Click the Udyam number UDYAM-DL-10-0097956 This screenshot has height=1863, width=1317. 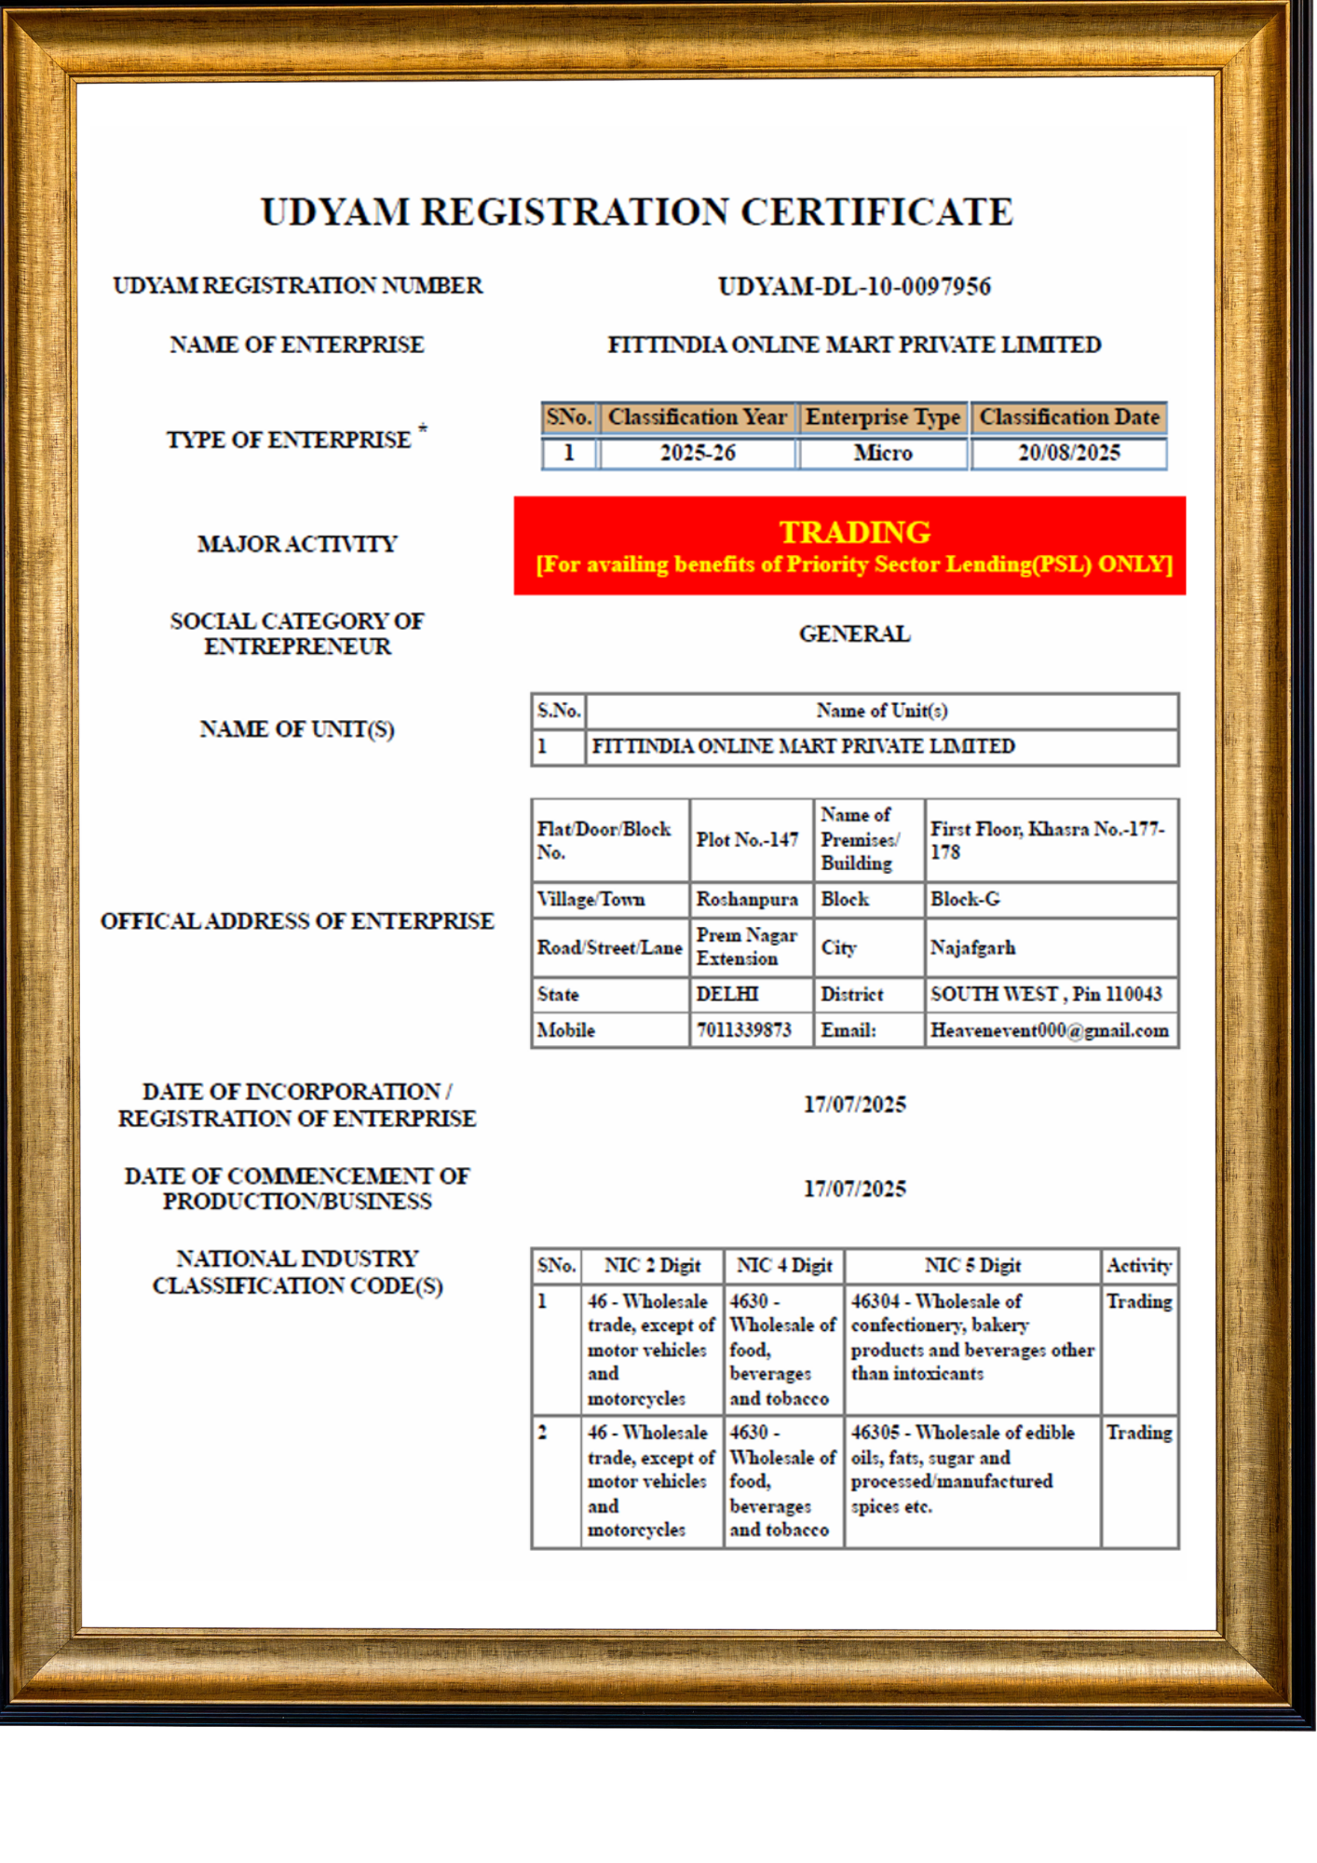coord(854,286)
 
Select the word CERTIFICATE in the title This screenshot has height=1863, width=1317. coord(876,212)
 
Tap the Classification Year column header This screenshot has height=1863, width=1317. coord(697,417)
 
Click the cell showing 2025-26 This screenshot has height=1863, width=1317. coord(698,454)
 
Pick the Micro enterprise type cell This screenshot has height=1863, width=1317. coord(883,454)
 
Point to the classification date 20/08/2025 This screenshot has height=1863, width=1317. coord(1068,454)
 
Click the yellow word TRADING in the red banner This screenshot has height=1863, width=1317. coord(854,532)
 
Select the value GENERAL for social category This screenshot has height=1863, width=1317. coord(854,634)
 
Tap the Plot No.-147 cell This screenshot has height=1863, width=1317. coord(747,840)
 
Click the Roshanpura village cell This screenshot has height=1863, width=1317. coord(747,900)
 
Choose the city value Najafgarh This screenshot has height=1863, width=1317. coord(972,948)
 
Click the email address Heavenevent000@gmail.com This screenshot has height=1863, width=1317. coord(1049,1030)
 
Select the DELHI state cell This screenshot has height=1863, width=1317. coord(727,995)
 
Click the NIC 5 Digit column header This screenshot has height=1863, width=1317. coord(972,1266)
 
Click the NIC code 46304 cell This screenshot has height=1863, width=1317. coord(971,1338)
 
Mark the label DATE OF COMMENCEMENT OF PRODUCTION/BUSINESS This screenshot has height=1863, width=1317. coord(297,1189)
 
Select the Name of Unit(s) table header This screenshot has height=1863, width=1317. coord(881,711)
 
